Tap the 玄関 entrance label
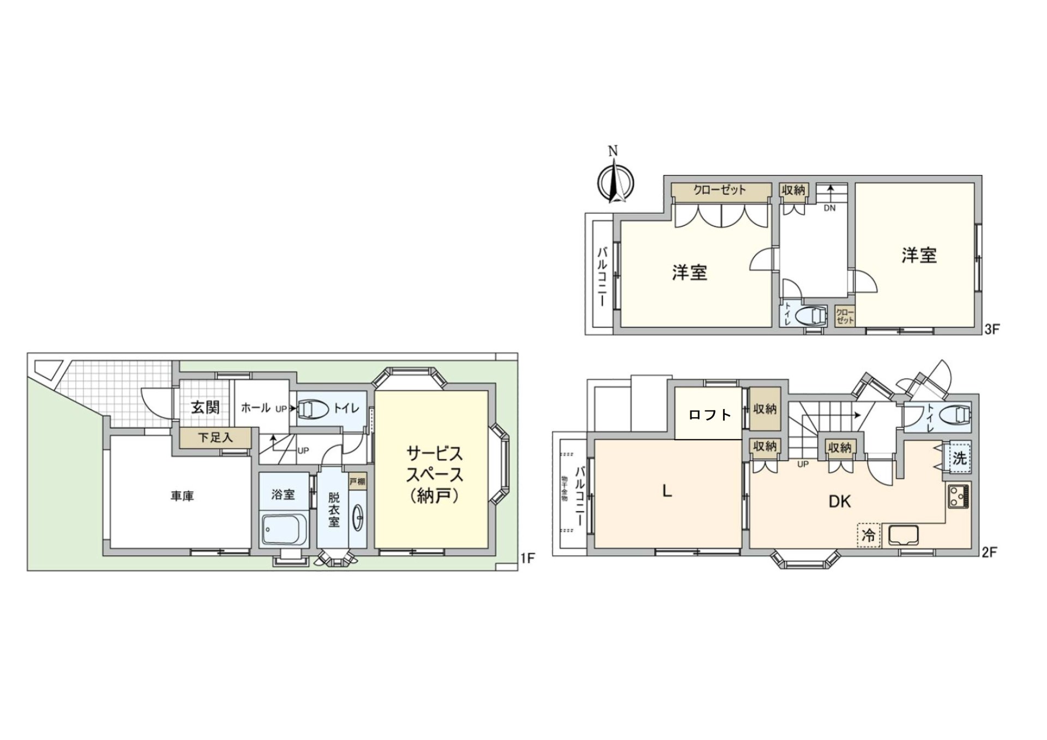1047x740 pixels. click(x=205, y=407)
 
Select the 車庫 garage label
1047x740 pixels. click(x=182, y=497)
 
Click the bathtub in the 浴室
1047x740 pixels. click(x=283, y=529)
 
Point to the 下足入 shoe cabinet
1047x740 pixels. click(x=215, y=437)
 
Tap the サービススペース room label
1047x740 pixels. click(x=434, y=474)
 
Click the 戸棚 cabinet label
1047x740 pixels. click(x=357, y=482)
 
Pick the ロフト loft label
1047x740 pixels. click(x=709, y=415)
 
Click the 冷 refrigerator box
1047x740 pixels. click(x=868, y=535)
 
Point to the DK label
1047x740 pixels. click(x=840, y=502)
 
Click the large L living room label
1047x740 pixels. click(x=666, y=491)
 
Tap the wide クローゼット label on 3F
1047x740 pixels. click(x=719, y=190)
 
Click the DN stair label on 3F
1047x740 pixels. click(x=829, y=208)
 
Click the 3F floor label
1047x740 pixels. click(x=991, y=329)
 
